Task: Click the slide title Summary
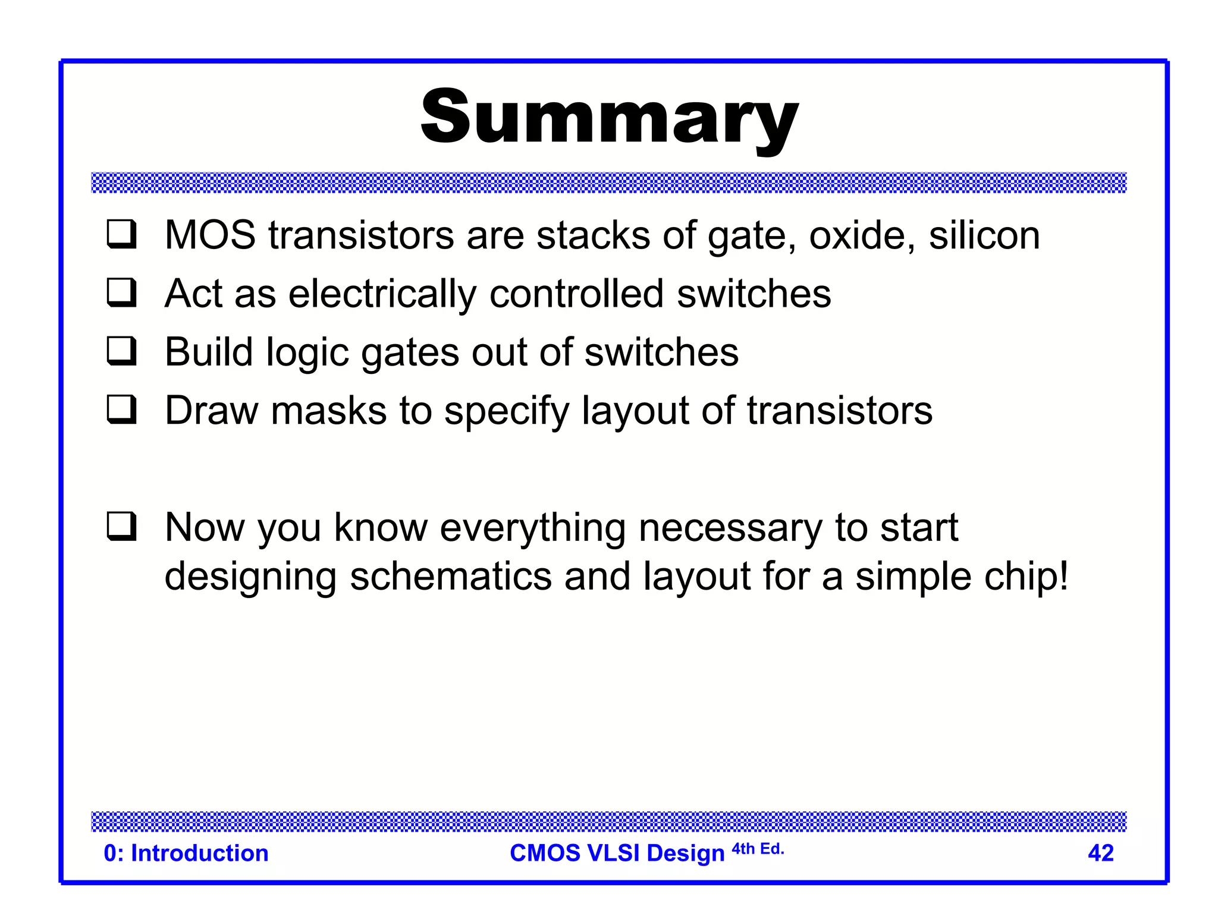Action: [609, 117]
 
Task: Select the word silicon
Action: [984, 235]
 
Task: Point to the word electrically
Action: [382, 294]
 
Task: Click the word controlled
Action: [576, 294]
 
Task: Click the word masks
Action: [329, 411]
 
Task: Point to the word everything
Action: [532, 528]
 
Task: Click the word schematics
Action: [451, 577]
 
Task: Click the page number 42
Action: [1100, 853]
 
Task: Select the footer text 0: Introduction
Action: [186, 853]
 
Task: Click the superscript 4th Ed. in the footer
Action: [758, 849]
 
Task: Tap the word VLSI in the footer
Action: [614, 853]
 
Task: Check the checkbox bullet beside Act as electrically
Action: [122, 292]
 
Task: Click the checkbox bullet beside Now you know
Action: [122, 527]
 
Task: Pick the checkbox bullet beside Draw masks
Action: [122, 410]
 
